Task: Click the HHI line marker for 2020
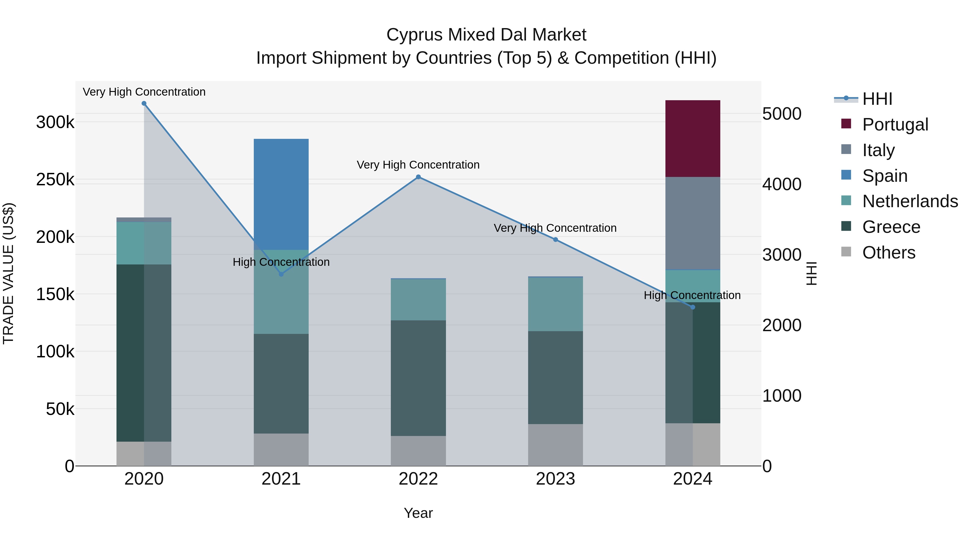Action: click(x=144, y=103)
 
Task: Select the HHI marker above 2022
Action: click(x=418, y=177)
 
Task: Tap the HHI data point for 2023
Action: click(x=555, y=240)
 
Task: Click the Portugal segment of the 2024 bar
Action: click(x=692, y=139)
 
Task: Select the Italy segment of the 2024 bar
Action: click(x=692, y=223)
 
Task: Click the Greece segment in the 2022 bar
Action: click(x=418, y=378)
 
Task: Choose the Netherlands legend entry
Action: click(x=910, y=201)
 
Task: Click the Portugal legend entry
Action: click(x=895, y=125)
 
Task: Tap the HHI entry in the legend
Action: click(x=877, y=99)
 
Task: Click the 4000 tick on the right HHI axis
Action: click(x=781, y=184)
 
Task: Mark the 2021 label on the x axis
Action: click(x=281, y=479)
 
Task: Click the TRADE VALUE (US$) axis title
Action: click(x=8, y=273)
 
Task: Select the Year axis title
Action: click(x=418, y=513)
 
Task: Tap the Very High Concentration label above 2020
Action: click(x=144, y=92)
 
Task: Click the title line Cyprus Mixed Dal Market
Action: click(x=486, y=35)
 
